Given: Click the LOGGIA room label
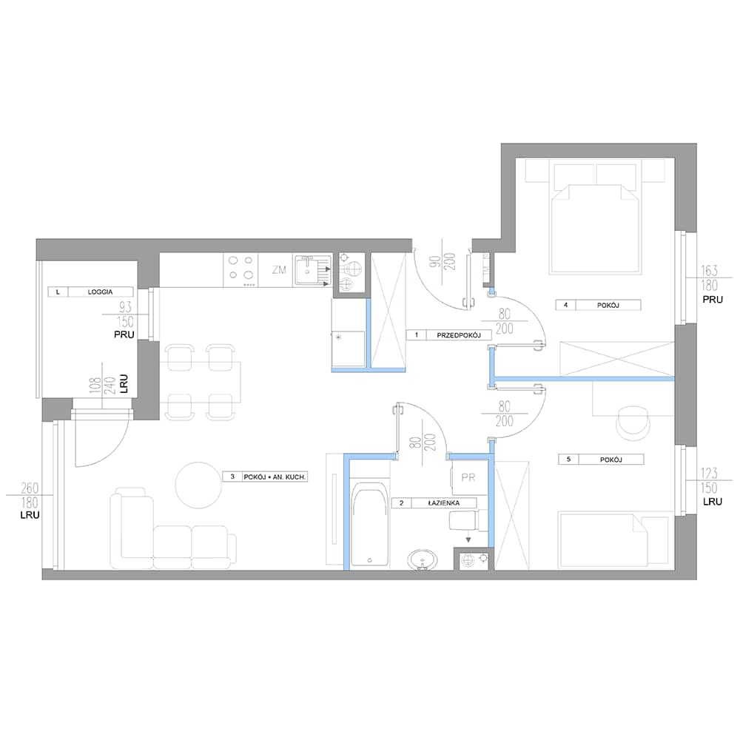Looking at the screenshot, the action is [x=100, y=292].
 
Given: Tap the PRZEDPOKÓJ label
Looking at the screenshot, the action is [x=458, y=335].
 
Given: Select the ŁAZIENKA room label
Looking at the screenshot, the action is [x=443, y=503].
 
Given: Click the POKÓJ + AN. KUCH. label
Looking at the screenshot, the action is [x=275, y=477].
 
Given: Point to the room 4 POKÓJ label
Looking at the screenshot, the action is [x=608, y=306].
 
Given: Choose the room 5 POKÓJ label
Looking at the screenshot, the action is [x=611, y=460].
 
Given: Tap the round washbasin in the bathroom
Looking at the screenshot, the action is [x=422, y=560].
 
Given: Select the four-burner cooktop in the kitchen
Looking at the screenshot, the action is [x=240, y=271].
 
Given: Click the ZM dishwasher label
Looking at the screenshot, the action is [x=279, y=270].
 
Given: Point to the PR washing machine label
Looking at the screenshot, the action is [x=468, y=477].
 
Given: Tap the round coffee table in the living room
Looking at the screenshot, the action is [x=198, y=485].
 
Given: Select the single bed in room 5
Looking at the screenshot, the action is [x=613, y=539].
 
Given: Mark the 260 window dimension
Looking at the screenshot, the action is [x=30, y=488].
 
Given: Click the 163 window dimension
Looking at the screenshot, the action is [x=709, y=270].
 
